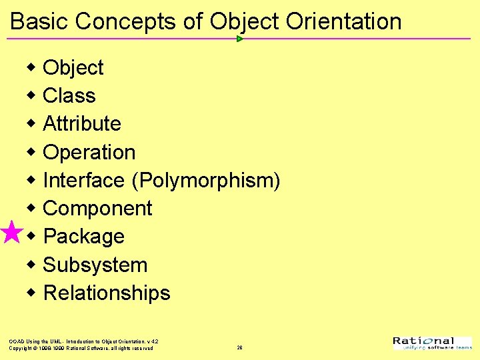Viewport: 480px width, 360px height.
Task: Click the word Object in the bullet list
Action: (73, 68)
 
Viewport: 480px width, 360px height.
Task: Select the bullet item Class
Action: (69, 96)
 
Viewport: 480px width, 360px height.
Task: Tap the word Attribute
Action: (81, 124)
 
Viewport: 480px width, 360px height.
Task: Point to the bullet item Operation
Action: (89, 153)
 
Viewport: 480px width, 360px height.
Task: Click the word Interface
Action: (83, 181)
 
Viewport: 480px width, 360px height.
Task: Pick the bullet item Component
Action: (97, 209)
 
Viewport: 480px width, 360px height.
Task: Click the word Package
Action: (83, 237)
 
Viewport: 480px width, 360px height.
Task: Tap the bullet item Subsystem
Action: (95, 265)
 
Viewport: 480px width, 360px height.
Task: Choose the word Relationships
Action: (107, 293)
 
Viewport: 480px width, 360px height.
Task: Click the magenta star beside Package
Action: (11, 233)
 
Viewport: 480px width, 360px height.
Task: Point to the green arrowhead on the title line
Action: (239, 39)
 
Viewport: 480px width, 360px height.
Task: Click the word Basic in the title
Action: (39, 21)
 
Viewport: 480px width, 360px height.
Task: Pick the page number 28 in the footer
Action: (239, 347)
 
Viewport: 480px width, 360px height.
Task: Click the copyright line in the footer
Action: (81, 348)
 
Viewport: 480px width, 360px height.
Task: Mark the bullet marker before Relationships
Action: (31, 293)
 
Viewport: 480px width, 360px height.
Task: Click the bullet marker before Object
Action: (31, 67)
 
